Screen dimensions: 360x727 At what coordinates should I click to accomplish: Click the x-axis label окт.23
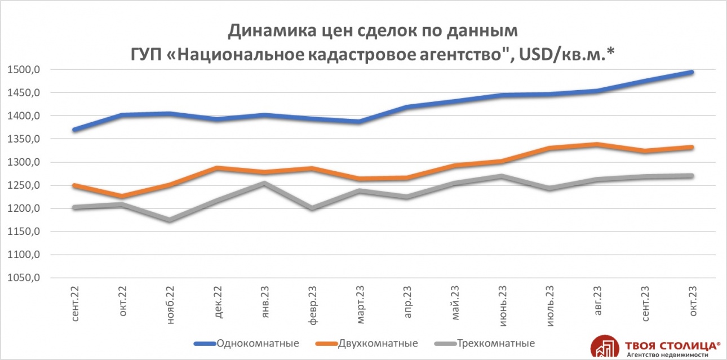tap(693, 303)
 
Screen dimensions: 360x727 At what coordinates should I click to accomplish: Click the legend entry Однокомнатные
tap(257, 343)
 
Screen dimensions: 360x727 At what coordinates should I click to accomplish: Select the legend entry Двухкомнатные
tap(378, 343)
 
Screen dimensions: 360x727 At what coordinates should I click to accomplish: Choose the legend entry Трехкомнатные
tap(495, 343)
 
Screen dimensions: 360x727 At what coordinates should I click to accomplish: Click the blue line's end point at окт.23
tap(691, 72)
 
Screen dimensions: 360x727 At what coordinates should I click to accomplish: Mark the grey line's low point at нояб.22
tap(169, 220)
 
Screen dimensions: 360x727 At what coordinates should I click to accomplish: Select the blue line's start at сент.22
tap(75, 130)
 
